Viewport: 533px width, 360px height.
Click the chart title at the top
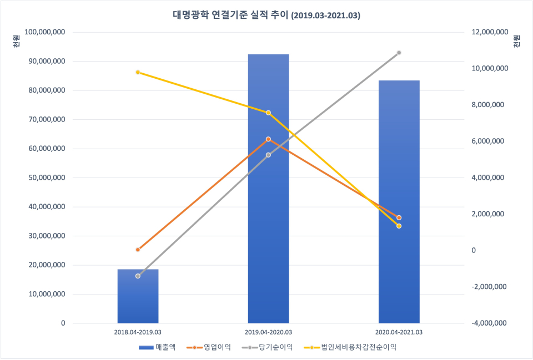(266, 16)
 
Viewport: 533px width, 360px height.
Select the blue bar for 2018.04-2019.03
(138, 296)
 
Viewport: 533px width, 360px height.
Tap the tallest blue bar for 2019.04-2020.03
(268, 189)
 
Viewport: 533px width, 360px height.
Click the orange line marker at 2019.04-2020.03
(268, 139)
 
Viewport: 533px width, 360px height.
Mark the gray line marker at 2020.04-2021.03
(399, 53)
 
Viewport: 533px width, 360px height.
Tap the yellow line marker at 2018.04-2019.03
(138, 72)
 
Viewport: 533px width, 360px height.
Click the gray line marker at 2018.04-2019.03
(138, 276)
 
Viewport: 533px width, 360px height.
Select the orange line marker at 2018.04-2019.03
(138, 250)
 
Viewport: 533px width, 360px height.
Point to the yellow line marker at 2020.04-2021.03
(399, 226)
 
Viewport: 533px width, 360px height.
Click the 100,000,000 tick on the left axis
(46, 32)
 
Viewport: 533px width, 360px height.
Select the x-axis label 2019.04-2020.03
(268, 332)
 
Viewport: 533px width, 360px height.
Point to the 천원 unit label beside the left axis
(15, 40)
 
